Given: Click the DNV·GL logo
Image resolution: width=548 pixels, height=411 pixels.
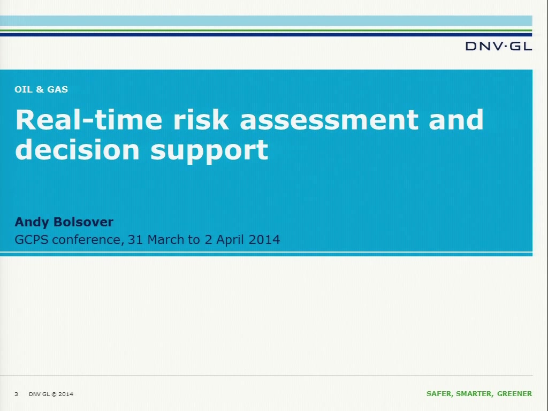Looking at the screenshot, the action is coord(499,46).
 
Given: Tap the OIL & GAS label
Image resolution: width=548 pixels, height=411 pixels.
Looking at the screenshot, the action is coord(41,89).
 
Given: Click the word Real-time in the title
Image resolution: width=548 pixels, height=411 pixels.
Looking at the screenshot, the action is coord(89,119).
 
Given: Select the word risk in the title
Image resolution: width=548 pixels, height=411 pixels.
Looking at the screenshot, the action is coord(201,119).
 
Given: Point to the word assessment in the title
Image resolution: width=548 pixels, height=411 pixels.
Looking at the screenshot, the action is coord(329,120).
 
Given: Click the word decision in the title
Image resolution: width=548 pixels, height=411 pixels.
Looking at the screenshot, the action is coord(77,150).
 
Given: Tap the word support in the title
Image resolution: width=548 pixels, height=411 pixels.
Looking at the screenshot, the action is coord(209,151).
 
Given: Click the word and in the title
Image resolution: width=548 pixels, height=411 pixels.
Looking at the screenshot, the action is coord(456,119).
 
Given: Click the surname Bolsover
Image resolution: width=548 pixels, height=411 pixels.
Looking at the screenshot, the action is coord(83,222).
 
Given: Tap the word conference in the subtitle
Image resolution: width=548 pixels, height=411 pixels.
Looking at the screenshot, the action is coord(88,240).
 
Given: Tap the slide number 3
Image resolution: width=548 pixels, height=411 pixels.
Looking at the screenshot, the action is coord(16,394).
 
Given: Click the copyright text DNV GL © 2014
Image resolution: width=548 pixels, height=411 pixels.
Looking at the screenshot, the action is coord(51,394).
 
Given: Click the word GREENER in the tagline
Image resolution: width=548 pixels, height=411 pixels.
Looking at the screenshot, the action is coord(514,394).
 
